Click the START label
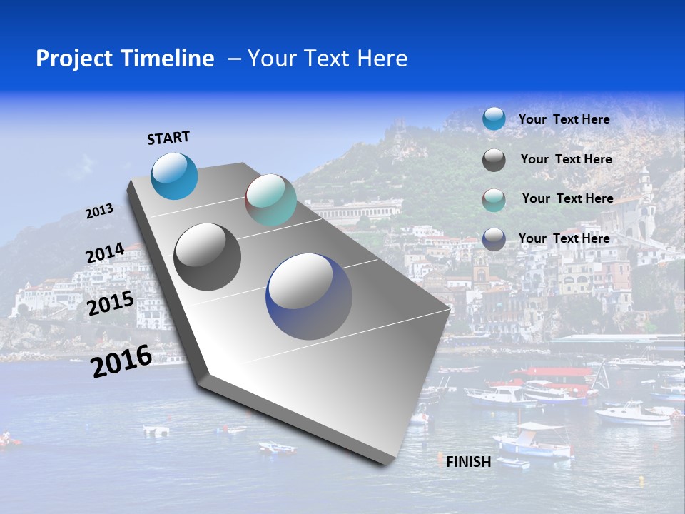(x=168, y=138)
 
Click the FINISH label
(x=469, y=462)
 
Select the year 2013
(x=99, y=211)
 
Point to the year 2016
(x=121, y=361)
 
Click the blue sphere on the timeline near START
(x=175, y=176)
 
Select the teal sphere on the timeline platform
(x=270, y=200)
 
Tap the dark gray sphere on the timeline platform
(x=208, y=257)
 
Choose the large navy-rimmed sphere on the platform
(x=309, y=296)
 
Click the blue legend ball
(x=494, y=119)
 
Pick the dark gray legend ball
(x=494, y=160)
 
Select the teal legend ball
(x=494, y=200)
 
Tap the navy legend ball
(x=494, y=239)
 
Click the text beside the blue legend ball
(x=564, y=120)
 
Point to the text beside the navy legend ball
(x=564, y=238)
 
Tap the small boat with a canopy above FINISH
(x=535, y=441)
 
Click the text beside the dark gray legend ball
(x=567, y=159)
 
